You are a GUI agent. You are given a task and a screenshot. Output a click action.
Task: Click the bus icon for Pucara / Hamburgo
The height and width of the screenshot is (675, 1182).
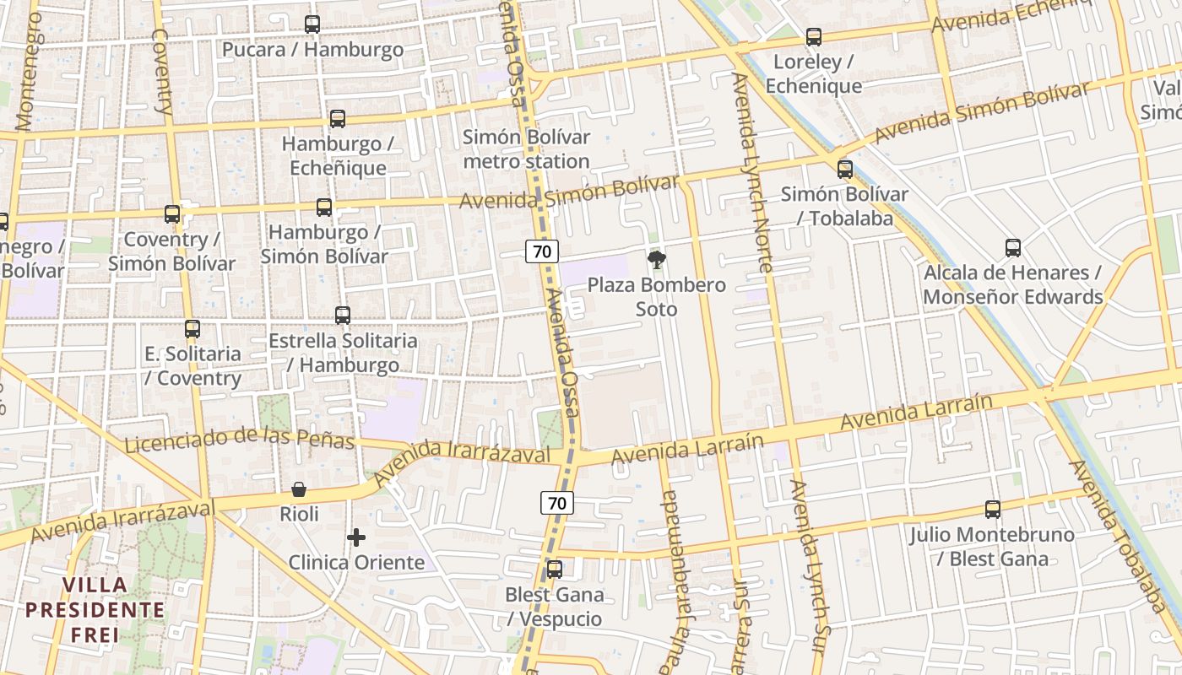312,24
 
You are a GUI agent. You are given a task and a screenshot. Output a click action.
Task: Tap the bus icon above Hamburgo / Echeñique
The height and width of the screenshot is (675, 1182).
338,119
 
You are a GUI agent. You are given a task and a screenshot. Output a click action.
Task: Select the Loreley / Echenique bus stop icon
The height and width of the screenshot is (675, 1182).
814,37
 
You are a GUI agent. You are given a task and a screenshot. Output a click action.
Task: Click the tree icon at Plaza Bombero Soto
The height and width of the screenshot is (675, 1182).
656,259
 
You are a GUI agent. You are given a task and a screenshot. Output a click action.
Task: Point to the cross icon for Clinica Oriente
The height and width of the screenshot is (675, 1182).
356,537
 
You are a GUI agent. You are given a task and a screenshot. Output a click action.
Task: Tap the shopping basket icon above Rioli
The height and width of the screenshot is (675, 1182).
299,489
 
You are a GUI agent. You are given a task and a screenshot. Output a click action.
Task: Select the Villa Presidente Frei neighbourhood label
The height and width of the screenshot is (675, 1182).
95,609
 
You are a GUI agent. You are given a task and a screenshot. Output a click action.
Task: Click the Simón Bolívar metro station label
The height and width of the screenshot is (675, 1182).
526,148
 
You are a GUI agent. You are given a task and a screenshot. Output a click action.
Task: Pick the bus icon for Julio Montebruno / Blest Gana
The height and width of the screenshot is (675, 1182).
993,510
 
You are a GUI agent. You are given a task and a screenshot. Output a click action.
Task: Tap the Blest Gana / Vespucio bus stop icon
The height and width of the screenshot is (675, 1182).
555,570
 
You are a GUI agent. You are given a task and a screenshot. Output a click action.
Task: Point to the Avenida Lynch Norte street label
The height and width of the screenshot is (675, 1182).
752,172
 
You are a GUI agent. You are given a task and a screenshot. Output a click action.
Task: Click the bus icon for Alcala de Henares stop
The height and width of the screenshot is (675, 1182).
1013,248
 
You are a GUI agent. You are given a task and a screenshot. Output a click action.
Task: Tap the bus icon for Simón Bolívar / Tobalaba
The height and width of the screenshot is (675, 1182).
845,170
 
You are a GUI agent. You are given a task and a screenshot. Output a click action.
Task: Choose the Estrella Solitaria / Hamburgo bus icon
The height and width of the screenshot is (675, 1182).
343,316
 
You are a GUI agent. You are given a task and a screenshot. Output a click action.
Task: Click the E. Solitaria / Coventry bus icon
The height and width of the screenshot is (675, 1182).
192,329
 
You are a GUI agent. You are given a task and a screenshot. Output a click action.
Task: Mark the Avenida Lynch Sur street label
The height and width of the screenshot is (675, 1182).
807,565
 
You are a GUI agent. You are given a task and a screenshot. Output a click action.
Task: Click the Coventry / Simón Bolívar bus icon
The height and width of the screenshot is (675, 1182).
172,214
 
